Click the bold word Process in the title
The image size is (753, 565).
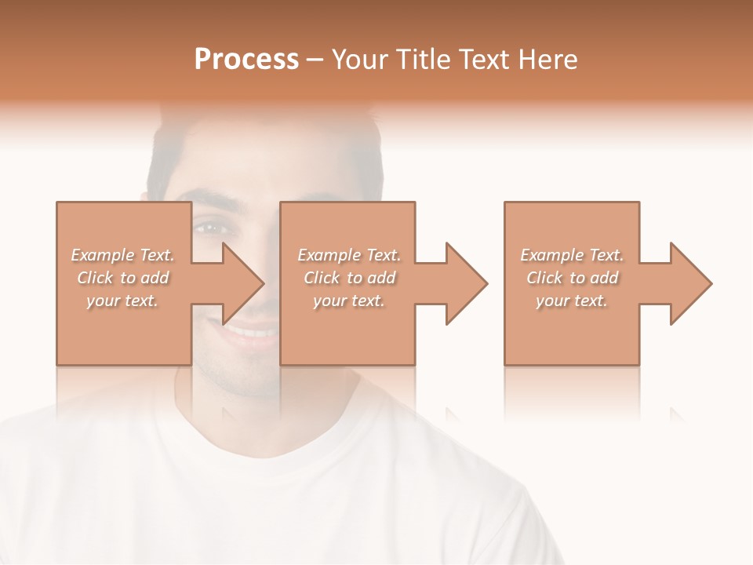coord(246,60)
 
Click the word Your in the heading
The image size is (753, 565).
coord(361,60)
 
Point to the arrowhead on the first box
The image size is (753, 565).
coord(244,283)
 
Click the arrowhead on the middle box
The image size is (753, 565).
coord(467,283)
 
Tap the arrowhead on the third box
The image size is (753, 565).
coord(691,283)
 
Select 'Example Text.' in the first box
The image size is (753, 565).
coord(122,255)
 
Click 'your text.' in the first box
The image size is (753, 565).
coord(122,301)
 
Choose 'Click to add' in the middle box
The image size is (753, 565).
coord(349,278)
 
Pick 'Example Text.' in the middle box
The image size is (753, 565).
coord(349,255)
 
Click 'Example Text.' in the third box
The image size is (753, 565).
coord(572,255)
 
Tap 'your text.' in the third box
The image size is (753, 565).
coord(572,301)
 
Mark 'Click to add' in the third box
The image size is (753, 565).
coord(572,278)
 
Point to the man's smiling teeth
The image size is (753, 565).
coord(251,333)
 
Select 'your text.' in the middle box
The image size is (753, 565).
coord(349,301)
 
